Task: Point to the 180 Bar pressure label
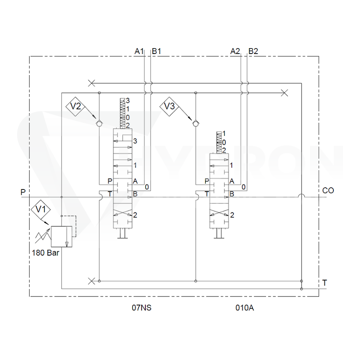45,253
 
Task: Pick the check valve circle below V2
99,123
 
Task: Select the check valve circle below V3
196,123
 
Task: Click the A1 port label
139,51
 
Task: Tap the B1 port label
157,51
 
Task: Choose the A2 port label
235,51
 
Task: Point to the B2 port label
253,51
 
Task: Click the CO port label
328,190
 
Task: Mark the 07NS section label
142,308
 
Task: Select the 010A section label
245,308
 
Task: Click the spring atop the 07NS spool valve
123,113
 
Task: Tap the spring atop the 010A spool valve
219,142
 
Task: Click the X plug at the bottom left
91,281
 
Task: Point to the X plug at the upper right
284,93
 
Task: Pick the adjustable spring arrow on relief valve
42,236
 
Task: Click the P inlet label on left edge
23,192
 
